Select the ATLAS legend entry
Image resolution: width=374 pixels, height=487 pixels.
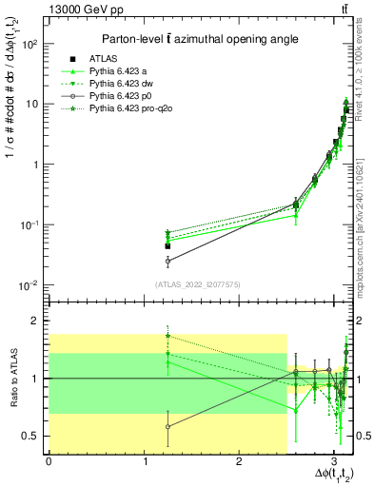tap(130, 58)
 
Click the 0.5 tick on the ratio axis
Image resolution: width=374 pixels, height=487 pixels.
tap(31, 436)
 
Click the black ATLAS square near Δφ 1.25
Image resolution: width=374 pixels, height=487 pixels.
tap(167, 245)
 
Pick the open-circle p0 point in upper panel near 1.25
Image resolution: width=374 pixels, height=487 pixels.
tap(167, 260)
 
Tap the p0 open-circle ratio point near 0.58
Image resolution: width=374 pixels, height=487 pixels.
tap(167, 426)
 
